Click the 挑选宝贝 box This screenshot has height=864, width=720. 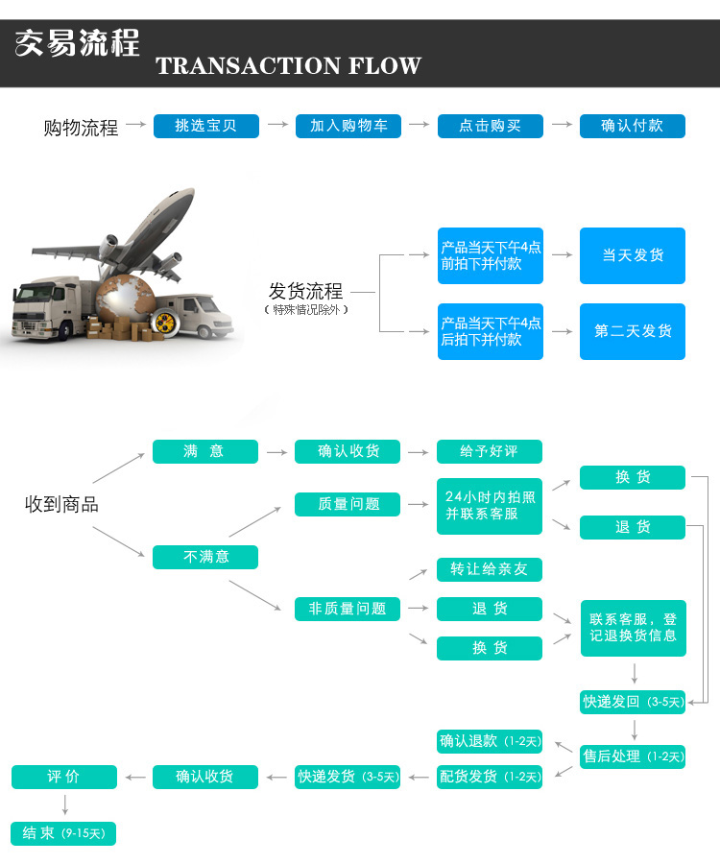pos(205,126)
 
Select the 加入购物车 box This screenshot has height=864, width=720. pos(348,126)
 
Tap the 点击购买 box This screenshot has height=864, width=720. pos(490,126)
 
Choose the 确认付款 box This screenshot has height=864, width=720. pos(632,126)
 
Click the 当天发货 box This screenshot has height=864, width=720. pos(632,255)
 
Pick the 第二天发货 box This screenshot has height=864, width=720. pos(632,331)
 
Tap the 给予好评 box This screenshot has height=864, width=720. pos(490,451)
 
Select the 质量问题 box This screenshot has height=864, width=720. pos(348,504)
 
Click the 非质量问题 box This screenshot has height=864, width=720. pos(348,609)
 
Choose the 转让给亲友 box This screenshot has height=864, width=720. pos(490,569)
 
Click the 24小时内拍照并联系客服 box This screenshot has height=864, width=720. pos(490,506)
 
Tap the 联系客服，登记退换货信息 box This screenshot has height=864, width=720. pos(633,628)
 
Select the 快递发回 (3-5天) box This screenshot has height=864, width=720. pos(633,702)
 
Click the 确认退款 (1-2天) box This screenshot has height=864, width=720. pos(490,741)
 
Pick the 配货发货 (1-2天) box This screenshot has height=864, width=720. pos(490,777)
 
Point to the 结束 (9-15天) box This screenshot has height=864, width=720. pos(63,833)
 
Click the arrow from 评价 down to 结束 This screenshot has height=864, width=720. pos(64,804)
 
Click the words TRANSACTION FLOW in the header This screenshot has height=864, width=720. pos(288,65)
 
